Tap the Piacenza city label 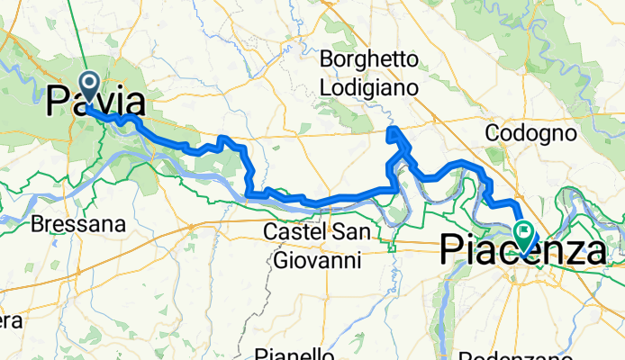[x=522, y=251]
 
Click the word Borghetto [x=370, y=61]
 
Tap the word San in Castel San [x=350, y=232]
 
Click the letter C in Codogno [x=492, y=133]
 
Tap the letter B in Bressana [x=36, y=223]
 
